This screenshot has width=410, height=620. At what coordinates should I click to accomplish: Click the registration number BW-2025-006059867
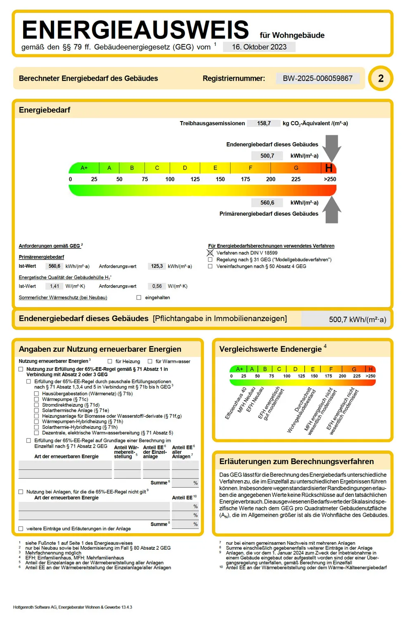[x=318, y=78]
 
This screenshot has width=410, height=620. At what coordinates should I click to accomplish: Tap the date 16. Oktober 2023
[x=259, y=47]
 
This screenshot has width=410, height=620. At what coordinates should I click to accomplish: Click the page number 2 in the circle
[x=381, y=78]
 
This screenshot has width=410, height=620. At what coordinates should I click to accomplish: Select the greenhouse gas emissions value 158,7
[x=264, y=123]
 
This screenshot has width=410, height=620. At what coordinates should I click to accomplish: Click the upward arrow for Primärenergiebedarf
[x=332, y=210]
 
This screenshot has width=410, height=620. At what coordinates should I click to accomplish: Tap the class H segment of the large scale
[x=329, y=168]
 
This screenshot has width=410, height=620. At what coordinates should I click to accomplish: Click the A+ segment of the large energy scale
[x=84, y=168]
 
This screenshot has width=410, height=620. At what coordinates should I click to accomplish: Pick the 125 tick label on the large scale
[x=195, y=179]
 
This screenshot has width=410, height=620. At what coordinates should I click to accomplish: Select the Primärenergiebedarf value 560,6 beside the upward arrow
[x=267, y=203]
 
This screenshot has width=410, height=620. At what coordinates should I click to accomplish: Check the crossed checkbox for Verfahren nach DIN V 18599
[x=210, y=253]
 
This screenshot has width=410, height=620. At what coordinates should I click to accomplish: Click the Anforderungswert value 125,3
[x=156, y=266]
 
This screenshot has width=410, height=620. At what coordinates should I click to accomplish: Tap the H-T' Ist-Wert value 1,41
[x=55, y=286]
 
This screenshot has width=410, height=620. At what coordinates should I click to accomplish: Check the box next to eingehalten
[x=139, y=298]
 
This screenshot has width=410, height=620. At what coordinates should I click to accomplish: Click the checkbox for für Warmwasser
[x=150, y=361]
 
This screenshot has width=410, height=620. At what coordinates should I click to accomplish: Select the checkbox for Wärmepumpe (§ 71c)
[x=37, y=399]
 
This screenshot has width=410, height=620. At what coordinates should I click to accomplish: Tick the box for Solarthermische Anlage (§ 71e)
[x=37, y=410]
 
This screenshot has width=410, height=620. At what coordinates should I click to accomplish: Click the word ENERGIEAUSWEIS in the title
[x=135, y=30]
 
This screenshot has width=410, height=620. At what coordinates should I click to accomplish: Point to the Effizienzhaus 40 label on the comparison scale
[x=236, y=403]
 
